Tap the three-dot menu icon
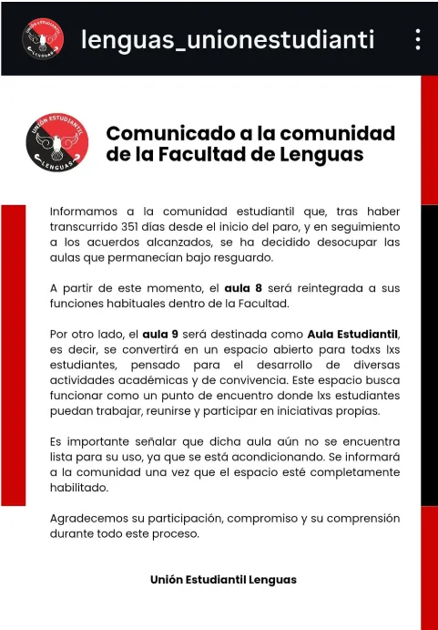[417, 39]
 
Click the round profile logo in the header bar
[43, 38]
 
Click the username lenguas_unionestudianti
[228, 39]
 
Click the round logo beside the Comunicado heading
[57, 144]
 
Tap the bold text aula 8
[244, 288]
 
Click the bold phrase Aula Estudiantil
[353, 334]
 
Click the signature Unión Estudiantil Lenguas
[223, 580]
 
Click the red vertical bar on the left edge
[13, 356]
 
